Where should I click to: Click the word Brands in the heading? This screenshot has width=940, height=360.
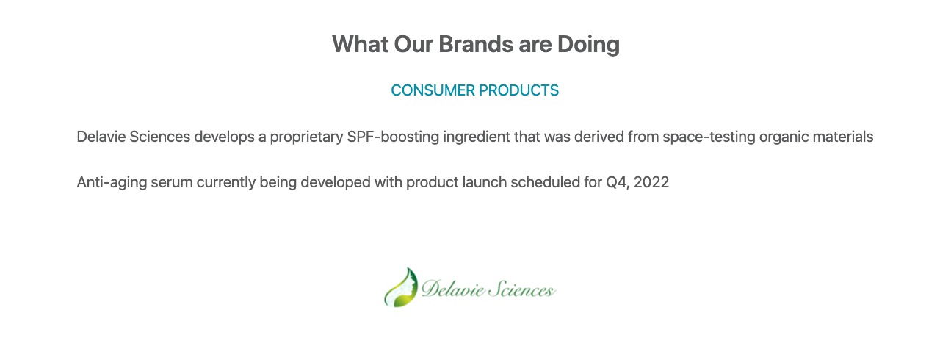[475, 44]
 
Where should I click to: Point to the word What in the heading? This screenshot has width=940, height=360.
[360, 44]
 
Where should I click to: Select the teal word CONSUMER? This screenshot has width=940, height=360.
[433, 90]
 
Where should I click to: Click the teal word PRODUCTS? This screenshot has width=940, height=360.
[518, 90]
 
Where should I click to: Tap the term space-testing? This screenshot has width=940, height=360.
[709, 137]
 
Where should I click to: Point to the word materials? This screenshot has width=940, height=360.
[843, 137]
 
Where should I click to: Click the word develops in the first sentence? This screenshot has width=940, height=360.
[224, 137]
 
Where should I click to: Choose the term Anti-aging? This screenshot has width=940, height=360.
[112, 183]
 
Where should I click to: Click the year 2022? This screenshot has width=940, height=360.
[651, 182]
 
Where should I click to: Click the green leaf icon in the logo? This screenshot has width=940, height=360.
[401, 287]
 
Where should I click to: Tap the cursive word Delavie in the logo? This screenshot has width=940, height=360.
[453, 289]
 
